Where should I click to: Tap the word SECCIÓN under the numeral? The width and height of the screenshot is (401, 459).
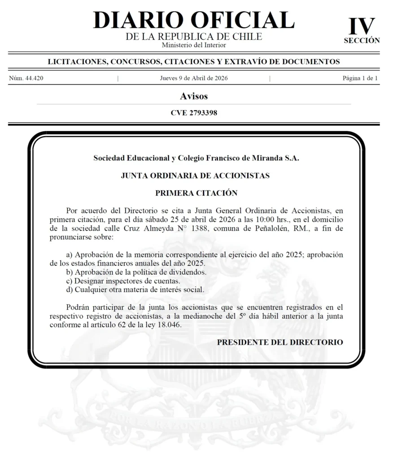coord(362,40)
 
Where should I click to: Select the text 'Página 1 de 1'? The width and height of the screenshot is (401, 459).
coord(360,78)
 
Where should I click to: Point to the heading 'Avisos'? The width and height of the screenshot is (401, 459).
coord(194,96)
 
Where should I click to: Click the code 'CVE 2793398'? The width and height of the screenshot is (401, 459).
coord(194,113)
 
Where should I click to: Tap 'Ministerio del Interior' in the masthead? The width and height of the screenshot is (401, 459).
coord(194,45)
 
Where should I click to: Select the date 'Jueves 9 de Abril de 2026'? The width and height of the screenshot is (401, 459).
coord(194,78)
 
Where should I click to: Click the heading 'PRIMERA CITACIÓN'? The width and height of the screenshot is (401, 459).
coord(196,193)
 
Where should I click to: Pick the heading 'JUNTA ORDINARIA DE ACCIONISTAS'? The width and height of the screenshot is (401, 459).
coord(195,176)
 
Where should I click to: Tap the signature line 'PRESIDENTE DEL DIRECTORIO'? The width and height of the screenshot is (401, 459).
coord(280,342)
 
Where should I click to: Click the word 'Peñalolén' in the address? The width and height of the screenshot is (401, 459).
coord(276,228)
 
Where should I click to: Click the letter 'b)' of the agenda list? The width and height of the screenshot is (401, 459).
coord(70,272)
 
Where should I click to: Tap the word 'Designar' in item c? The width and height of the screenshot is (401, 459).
coord(89,281)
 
